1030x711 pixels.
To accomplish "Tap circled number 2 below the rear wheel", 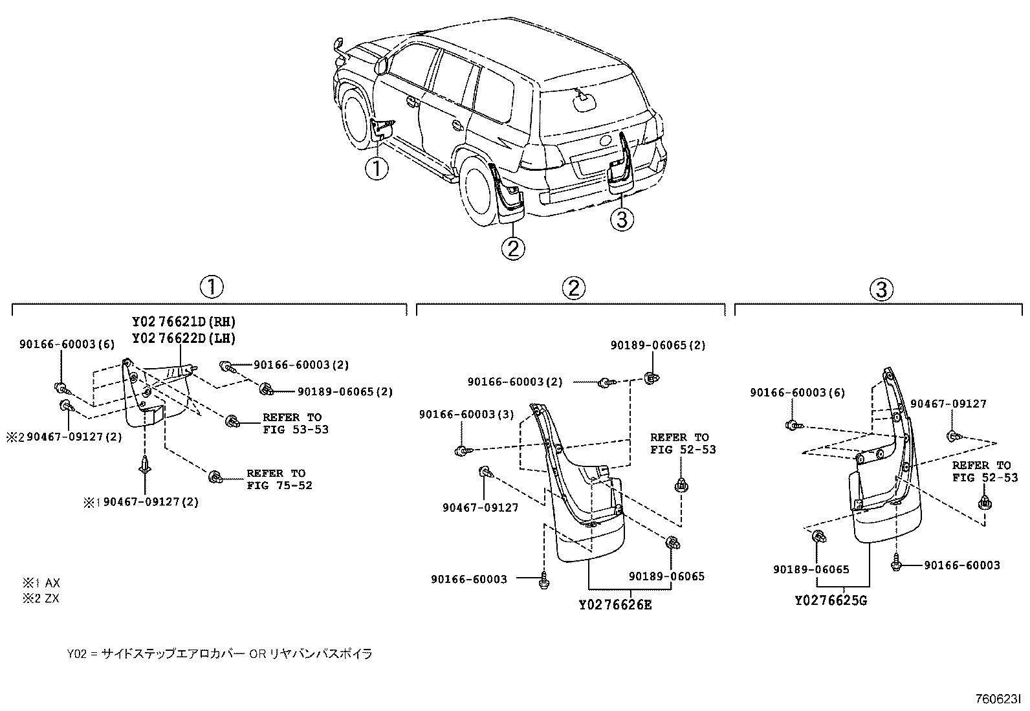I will (512, 248).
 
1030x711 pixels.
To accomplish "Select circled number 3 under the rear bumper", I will (621, 220).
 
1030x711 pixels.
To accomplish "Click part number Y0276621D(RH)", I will (184, 322).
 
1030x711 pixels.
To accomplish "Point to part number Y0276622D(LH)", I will (184, 338).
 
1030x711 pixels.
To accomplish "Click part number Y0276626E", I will (615, 605).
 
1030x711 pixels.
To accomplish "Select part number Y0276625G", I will (831, 600).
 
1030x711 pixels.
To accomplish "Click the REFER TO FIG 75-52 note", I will (279, 479).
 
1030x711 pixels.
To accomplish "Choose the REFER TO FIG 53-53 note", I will (295, 423).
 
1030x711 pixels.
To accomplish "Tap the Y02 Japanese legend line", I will (219, 654).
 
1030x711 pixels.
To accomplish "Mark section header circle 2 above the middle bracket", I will (573, 288).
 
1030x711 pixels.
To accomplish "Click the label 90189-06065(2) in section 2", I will (658, 345).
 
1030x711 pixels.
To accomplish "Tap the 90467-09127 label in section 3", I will (948, 404).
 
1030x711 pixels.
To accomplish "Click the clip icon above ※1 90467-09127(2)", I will (146, 465).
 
